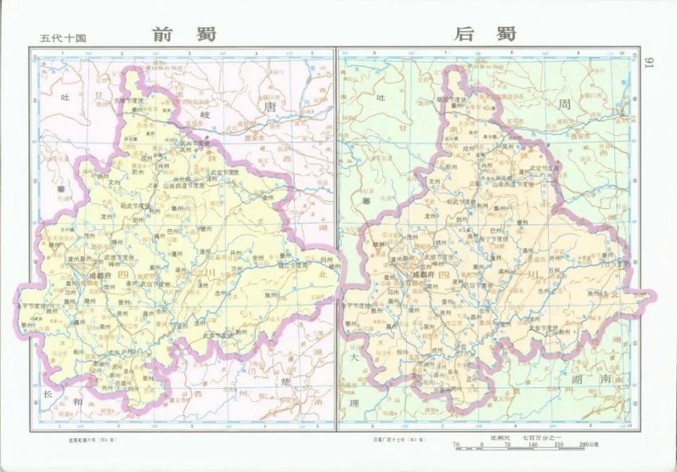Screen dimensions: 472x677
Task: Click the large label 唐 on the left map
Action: pos(269,106)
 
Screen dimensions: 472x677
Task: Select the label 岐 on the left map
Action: pos(205,114)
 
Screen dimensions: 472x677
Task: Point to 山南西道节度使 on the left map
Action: pos(184,186)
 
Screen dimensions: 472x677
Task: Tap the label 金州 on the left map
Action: pos(267,198)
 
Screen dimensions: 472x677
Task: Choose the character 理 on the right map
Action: pos(354,403)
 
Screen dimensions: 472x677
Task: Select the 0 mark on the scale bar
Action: pos(482,445)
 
